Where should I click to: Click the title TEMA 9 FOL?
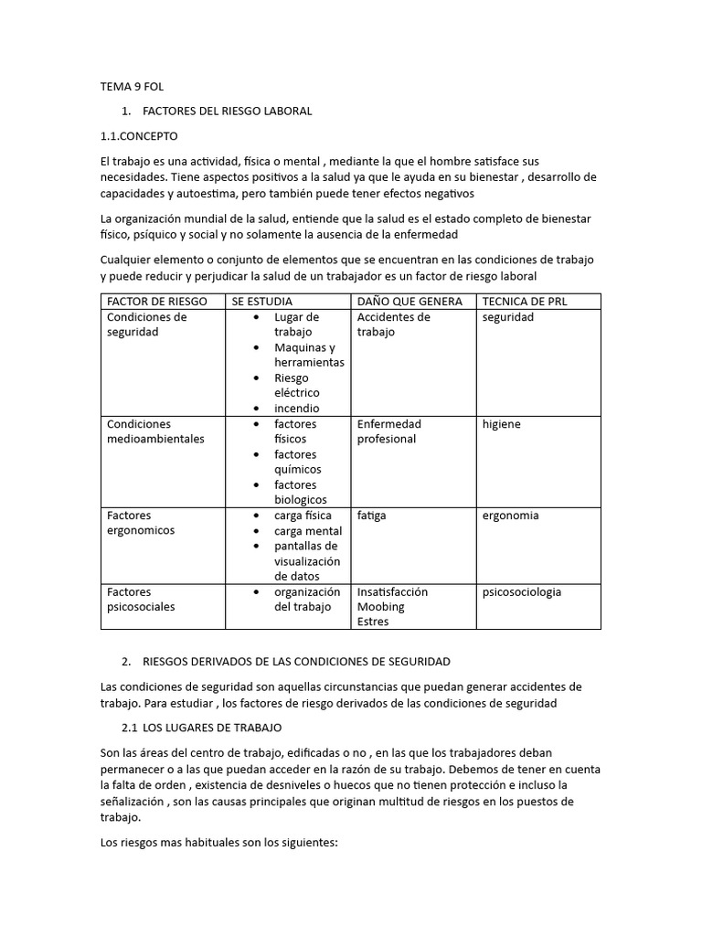pos(132,88)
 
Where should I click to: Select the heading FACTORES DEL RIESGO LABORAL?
pos(228,111)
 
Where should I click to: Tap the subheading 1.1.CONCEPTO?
pos(139,135)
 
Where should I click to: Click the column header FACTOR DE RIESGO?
pos(156,302)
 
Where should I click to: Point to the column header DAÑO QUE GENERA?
pos(409,302)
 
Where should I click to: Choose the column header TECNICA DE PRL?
pos(525,302)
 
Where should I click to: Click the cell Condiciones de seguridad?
pos(146,324)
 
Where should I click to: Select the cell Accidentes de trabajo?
pos(393,324)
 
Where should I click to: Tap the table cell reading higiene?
pos(502,424)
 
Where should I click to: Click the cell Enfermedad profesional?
pos(388,431)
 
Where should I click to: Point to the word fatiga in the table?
pos(371,516)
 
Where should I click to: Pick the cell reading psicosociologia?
pos(522,591)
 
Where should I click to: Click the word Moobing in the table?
pos(380,607)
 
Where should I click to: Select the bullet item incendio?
pos(296,409)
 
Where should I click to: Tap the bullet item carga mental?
pos(308,531)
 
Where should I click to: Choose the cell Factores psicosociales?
pos(141,599)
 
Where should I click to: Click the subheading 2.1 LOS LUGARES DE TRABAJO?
pos(202,728)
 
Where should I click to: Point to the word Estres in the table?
pos(373,622)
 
